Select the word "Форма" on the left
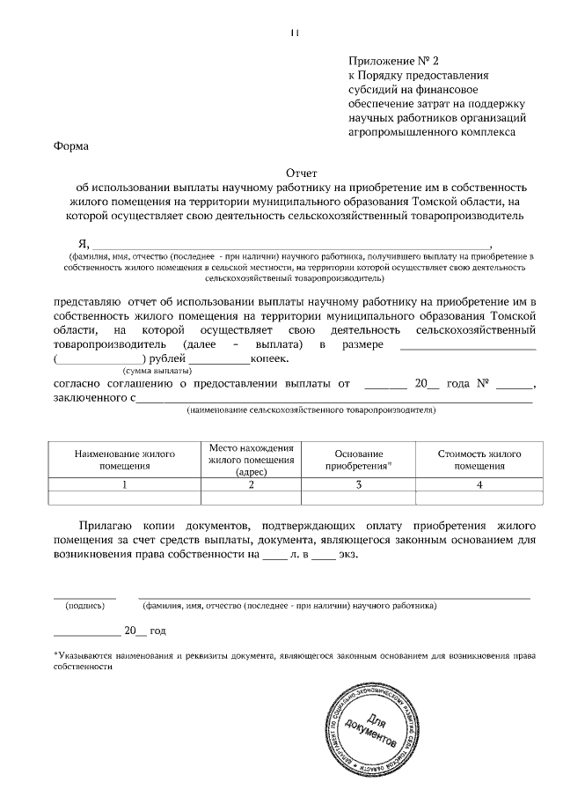point(70,146)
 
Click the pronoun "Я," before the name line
point(84,243)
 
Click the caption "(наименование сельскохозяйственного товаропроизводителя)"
point(311,410)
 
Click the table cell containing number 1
point(124,483)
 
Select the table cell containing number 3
point(358,483)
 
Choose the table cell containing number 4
point(479,483)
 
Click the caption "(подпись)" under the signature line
point(84,606)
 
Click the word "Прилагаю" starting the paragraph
point(110,523)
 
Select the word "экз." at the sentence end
point(348,555)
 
